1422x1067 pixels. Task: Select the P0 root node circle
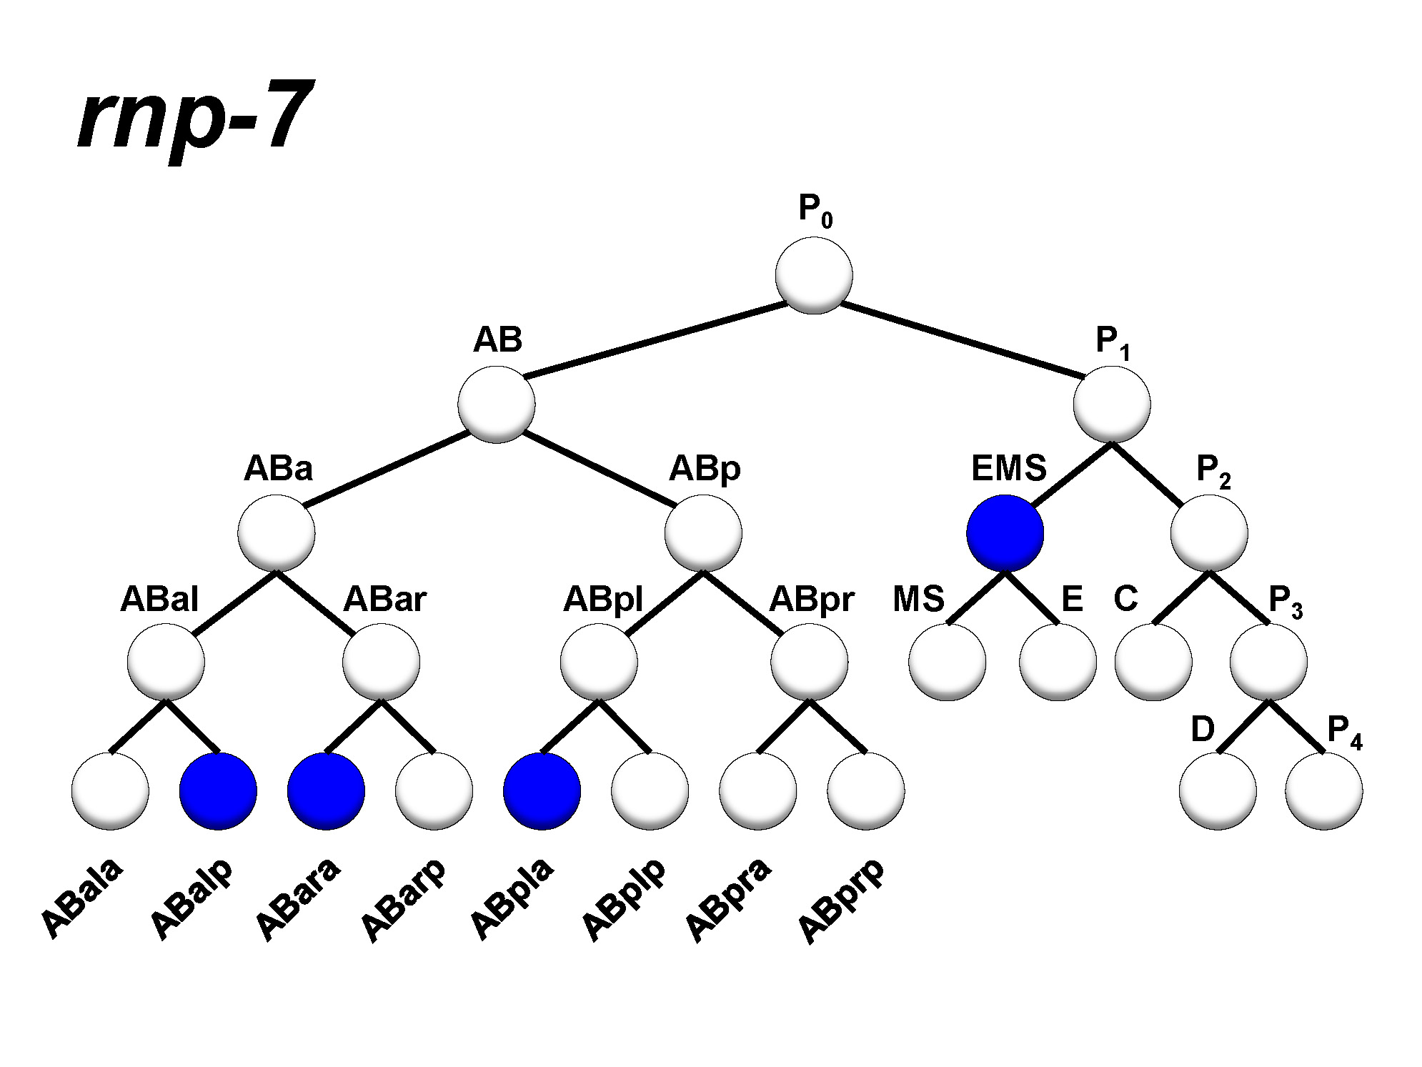[x=813, y=275]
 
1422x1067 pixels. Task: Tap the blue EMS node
[x=1005, y=533]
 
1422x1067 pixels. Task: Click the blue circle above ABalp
[x=218, y=791]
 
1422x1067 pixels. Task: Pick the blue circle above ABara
[x=326, y=791]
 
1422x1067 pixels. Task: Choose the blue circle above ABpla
[x=542, y=791]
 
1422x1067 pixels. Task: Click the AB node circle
[x=497, y=405]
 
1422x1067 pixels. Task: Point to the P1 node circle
[x=1112, y=405]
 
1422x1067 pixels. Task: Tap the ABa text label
[x=278, y=469]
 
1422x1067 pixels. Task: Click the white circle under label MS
[x=948, y=662]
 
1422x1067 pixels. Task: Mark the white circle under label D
[x=1218, y=791]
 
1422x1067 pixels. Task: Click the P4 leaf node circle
[x=1323, y=791]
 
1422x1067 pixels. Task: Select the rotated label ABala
[x=81, y=898]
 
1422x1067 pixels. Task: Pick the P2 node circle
[x=1209, y=533]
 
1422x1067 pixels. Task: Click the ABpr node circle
[x=809, y=662]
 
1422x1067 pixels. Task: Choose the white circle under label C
[x=1153, y=662]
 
